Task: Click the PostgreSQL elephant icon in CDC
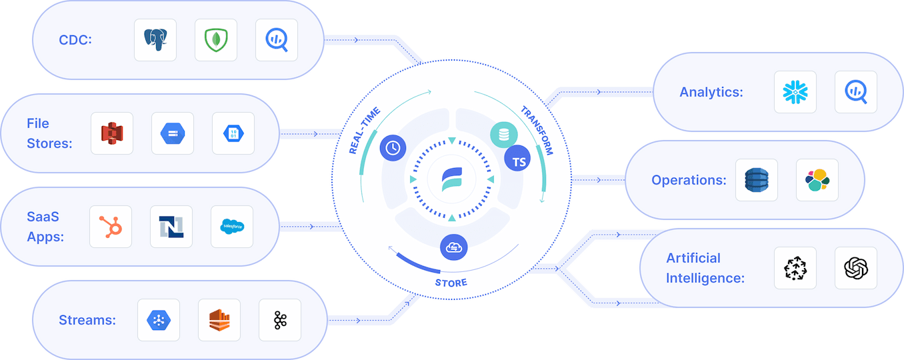155,40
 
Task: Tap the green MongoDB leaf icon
216,40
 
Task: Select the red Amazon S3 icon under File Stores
112,133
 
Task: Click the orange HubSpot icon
111,227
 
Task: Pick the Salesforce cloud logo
232,227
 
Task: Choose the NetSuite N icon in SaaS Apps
171,227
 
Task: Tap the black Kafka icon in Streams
280,320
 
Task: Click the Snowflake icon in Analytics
795,92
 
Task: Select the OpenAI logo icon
856,268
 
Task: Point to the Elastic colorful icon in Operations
817,180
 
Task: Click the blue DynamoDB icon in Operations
757,180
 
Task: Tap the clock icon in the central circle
393,148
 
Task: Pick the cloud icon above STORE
453,247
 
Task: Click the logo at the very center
452,180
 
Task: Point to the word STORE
451,283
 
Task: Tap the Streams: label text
87,320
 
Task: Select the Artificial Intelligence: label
705,268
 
